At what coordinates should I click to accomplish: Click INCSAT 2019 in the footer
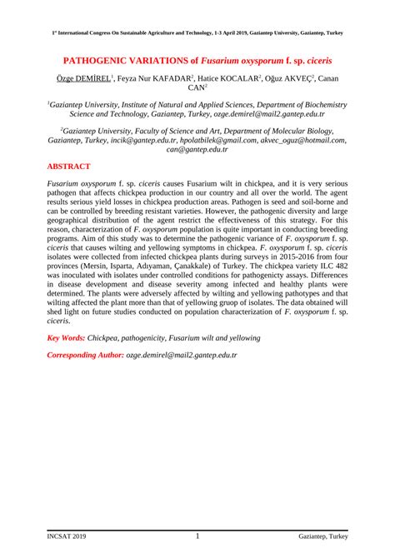coord(67,538)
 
